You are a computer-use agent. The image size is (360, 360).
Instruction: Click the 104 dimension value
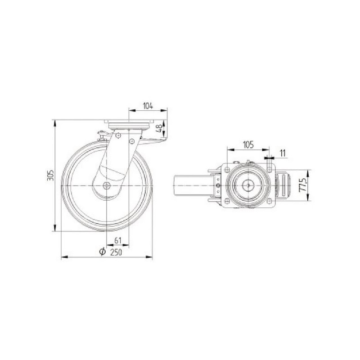point(148,106)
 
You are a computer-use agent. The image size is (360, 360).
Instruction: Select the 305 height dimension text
point(50,175)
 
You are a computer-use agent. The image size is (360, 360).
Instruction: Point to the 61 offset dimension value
point(117,241)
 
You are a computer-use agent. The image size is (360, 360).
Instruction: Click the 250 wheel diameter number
point(116,252)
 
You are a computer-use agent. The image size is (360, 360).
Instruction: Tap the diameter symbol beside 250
point(103,252)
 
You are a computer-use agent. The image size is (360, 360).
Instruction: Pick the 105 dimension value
point(248,145)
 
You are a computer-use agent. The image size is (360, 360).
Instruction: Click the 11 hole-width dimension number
point(283,153)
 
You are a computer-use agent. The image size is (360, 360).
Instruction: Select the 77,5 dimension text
point(303,185)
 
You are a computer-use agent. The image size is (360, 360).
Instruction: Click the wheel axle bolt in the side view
point(107,185)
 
